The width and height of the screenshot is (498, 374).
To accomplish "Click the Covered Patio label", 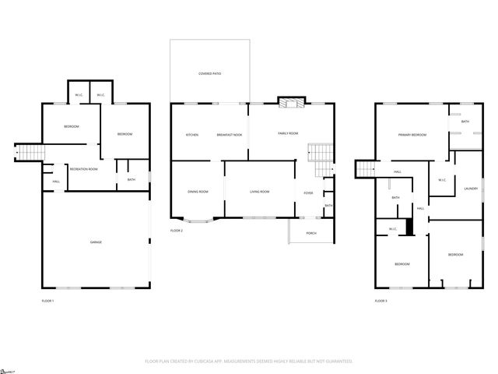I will click(210, 73).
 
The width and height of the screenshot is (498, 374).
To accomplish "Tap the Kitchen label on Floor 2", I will click(191, 135).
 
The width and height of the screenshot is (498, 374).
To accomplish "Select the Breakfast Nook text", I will click(229, 135).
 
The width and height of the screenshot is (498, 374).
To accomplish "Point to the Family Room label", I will click(288, 133).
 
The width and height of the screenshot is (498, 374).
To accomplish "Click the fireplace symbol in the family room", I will click(289, 103).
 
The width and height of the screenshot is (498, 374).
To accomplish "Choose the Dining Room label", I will click(198, 192).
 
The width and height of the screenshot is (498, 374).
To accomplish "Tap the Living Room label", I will click(259, 192).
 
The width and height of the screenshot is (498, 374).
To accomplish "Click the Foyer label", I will click(308, 192).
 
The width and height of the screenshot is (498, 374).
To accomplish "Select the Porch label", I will click(311, 233).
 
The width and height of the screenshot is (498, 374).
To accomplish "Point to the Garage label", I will click(95, 242).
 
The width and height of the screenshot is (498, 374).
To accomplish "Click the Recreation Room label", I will click(83, 169).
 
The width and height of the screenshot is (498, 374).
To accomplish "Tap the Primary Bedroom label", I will click(412, 136).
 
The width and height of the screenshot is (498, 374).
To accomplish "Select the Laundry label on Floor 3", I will click(470, 188).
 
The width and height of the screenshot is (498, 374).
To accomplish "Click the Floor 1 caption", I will click(48, 300).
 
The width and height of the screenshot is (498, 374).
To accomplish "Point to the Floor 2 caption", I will click(177, 231).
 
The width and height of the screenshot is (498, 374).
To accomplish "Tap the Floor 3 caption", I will click(381, 300).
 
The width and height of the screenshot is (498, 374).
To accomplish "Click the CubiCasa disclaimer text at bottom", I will click(249, 362).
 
